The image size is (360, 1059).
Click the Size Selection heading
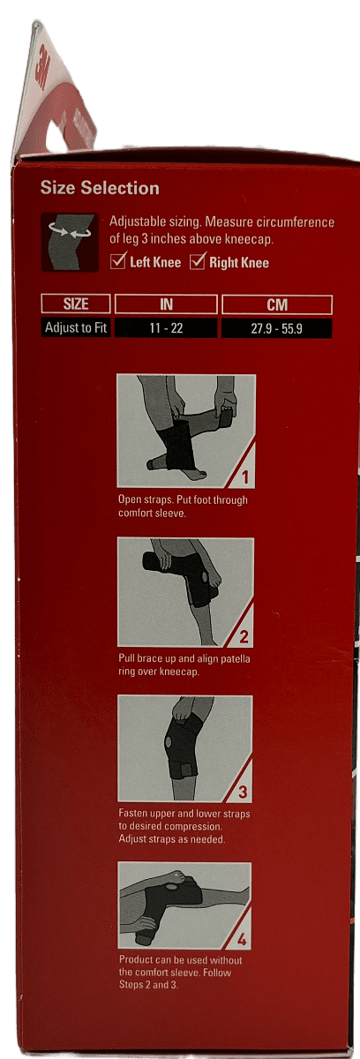(x=100, y=188)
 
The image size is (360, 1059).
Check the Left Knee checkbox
(x=118, y=262)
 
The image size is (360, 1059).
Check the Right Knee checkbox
(x=198, y=261)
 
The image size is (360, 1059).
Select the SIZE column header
(x=76, y=304)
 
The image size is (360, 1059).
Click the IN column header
(x=166, y=304)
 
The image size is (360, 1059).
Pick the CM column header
(x=276, y=304)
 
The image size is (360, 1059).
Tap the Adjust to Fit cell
(x=76, y=328)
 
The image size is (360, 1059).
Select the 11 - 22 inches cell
(x=166, y=328)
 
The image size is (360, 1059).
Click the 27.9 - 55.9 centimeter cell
(x=276, y=328)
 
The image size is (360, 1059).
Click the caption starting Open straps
(x=183, y=506)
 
